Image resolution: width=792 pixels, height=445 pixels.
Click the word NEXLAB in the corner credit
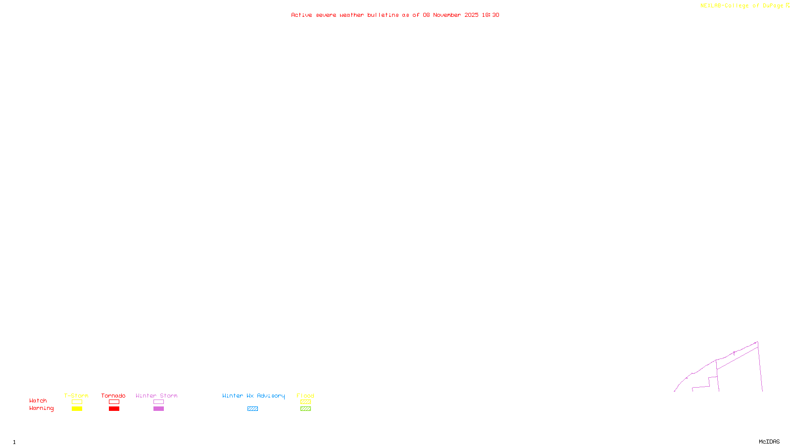pos(711,6)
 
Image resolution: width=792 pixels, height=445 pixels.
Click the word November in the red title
pos(447,15)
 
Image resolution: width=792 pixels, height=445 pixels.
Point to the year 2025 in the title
pos(471,15)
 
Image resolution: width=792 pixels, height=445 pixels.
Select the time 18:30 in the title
pos(491,15)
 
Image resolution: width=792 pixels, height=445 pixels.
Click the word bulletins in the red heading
pos(383,15)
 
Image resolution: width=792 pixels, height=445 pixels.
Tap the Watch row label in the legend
pos(38,401)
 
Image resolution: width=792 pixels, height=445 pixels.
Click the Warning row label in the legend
pos(42,408)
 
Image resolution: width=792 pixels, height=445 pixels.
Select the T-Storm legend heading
pos(76,396)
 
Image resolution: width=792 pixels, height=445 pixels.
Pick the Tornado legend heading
pos(113,396)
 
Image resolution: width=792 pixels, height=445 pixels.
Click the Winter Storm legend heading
pos(156,396)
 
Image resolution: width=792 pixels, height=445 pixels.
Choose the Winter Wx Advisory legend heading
pos(253,396)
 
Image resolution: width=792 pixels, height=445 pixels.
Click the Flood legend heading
pos(305,396)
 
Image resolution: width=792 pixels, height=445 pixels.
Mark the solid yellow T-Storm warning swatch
pos(77,409)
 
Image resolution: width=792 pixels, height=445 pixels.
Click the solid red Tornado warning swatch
pos(114,409)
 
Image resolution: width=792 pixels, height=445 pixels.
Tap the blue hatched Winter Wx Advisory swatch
pos(252,409)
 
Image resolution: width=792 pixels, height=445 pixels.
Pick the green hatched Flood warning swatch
pos(305,409)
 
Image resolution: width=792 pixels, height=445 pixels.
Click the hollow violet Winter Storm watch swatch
pos(158,402)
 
